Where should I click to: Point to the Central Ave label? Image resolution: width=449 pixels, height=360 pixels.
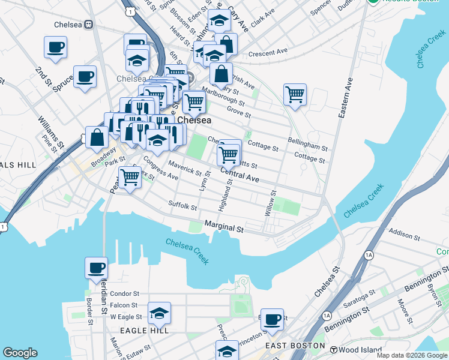240,175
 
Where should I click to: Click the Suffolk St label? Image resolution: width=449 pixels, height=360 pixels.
182,206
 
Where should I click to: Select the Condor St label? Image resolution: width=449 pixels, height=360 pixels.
124,294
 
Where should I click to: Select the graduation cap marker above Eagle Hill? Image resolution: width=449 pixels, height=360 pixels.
159,313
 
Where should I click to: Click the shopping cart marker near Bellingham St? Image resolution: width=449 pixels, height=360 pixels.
295,94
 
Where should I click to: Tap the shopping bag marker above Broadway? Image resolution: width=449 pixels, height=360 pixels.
97,137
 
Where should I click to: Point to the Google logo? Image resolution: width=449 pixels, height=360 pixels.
20,353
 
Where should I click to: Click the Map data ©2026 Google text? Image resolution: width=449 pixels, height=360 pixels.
411,355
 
